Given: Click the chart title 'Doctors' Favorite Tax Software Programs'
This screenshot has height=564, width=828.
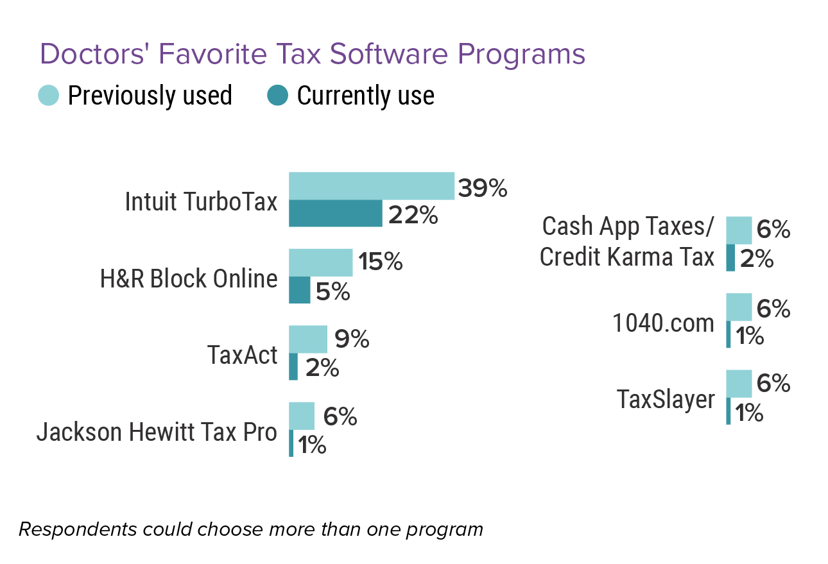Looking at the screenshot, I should click(313, 55).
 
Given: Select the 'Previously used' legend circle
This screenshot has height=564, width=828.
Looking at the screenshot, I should click(49, 96).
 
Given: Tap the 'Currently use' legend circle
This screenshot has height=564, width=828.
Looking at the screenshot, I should click(277, 96).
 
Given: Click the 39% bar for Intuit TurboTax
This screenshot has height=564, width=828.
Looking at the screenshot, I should click(372, 186).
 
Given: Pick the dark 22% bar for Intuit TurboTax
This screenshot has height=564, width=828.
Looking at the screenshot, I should click(335, 214).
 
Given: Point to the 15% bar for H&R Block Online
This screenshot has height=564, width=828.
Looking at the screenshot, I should click(320, 262).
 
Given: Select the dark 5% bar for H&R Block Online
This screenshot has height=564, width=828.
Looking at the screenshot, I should click(299, 290).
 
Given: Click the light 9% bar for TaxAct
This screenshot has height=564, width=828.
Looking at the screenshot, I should click(307, 339).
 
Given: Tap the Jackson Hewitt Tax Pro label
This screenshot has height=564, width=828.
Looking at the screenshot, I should click(157, 432).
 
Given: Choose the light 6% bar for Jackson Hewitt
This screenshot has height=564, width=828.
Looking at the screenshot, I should click(301, 416).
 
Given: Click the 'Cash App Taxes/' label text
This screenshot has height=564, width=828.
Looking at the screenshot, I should click(628, 226).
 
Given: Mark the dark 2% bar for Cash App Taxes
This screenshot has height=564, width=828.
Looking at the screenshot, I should click(730, 257).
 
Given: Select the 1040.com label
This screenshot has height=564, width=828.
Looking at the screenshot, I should click(663, 323).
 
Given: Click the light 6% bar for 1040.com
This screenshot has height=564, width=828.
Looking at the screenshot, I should click(738, 307).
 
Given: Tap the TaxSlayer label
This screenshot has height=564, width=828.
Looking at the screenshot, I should click(666, 399).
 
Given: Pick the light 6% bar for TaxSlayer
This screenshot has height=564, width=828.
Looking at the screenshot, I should click(738, 383).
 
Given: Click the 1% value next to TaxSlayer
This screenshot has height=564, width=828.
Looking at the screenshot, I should click(749, 413).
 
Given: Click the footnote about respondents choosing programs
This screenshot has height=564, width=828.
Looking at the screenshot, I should click(250, 530).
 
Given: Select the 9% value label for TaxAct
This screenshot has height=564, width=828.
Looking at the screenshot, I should click(352, 339).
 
